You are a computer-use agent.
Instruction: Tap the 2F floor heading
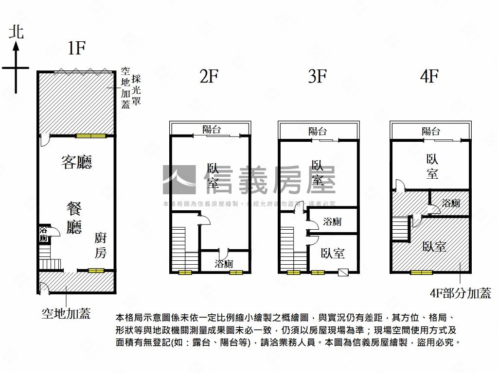pos(209,76)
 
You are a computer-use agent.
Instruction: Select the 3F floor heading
pos(317,76)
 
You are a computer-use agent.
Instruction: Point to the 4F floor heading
pos(429,76)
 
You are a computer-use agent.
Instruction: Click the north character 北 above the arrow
pos(16,32)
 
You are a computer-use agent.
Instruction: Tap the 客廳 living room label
pos(77,162)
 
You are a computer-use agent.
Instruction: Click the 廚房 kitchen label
pos(101,245)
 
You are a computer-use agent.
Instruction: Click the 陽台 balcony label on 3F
pos(318,131)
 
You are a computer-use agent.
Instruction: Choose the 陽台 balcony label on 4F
pos(431,131)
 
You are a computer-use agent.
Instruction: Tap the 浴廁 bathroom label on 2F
pos(224,264)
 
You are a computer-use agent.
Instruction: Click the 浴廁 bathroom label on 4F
pos(451,203)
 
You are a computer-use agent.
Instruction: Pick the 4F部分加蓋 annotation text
pos(460,293)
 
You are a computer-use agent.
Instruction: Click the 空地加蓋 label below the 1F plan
pos(66,314)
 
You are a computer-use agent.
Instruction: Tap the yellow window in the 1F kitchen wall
pos(94,270)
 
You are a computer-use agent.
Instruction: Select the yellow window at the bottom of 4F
pos(422,272)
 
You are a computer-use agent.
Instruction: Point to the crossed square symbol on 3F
pos(344,272)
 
